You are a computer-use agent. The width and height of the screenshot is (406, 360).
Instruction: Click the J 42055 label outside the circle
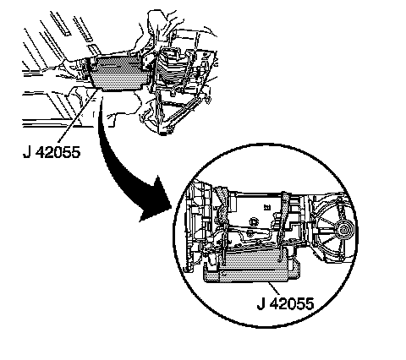pyautogui.click(x=52, y=152)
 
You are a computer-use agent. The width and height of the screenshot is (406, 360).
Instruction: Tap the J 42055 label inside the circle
pyautogui.click(x=285, y=303)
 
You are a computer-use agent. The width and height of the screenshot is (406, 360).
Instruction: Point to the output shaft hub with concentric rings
pyautogui.click(x=344, y=229)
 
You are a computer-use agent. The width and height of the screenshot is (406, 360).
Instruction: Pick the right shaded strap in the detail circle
pyautogui.click(x=283, y=226)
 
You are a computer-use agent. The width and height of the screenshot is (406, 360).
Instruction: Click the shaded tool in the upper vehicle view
pyautogui.click(x=118, y=73)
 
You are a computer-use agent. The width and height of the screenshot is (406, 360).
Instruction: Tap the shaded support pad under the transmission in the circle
pyautogui.click(x=251, y=268)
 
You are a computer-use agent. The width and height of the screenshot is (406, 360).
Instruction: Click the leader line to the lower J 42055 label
pyautogui.click(x=273, y=289)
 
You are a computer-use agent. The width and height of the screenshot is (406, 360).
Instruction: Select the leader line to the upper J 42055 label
pyautogui.click(x=78, y=116)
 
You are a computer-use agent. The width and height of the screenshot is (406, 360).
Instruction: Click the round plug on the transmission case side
pyautogui.click(x=254, y=222)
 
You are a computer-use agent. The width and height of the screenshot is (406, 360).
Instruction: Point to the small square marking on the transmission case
pyautogui.click(x=266, y=208)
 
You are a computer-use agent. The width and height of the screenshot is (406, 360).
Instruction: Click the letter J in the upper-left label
pyautogui.click(x=26, y=152)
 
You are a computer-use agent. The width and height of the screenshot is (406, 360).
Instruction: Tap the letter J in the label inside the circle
pyautogui.click(x=261, y=303)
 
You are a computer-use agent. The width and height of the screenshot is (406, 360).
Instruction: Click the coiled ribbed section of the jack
pyautogui.click(x=170, y=69)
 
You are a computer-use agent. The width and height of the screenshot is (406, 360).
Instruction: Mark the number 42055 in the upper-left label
pyautogui.click(x=58, y=152)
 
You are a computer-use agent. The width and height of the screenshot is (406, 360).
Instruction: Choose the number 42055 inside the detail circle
pyautogui.click(x=292, y=303)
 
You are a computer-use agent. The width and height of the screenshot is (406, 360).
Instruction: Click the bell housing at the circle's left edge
pyautogui.click(x=197, y=226)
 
